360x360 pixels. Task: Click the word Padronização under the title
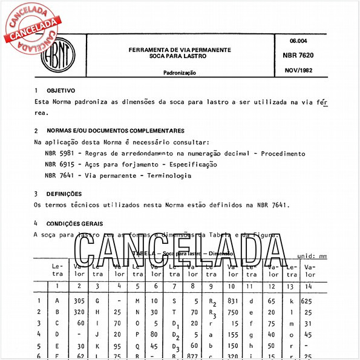(x=180, y=73)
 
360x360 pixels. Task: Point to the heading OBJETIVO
(x=61, y=90)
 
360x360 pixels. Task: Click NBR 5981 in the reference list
(x=59, y=154)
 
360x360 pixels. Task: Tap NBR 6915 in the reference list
(x=59, y=165)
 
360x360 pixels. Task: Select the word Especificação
(x=190, y=165)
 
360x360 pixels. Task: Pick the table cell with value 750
(x=233, y=312)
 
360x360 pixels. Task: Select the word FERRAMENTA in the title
(x=150, y=48)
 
